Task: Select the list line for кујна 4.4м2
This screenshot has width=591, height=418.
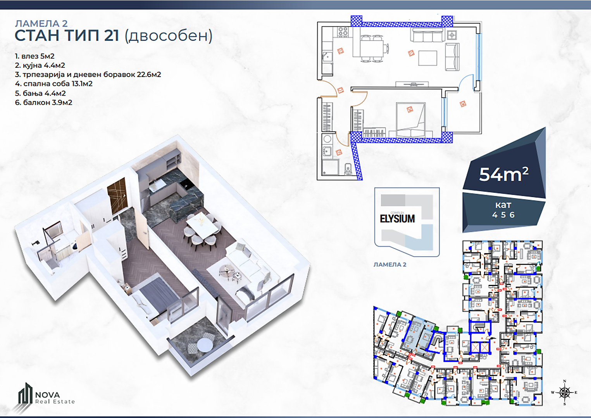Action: (x=40, y=65)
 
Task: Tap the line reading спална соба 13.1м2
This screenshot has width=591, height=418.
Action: (x=54, y=84)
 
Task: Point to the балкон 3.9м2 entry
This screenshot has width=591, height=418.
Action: (x=43, y=103)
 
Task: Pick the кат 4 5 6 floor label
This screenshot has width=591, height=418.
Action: (x=503, y=210)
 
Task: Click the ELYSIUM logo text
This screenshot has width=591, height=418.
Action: (x=397, y=219)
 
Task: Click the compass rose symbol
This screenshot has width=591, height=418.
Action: (x=565, y=392)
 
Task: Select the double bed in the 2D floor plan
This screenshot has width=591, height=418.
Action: (x=411, y=120)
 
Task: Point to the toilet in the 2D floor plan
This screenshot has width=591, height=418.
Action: (x=348, y=169)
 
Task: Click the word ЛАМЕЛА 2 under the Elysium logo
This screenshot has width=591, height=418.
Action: (x=390, y=265)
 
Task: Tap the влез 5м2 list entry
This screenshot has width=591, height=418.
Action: (x=34, y=56)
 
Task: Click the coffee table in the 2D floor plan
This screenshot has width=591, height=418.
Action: (x=428, y=58)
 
